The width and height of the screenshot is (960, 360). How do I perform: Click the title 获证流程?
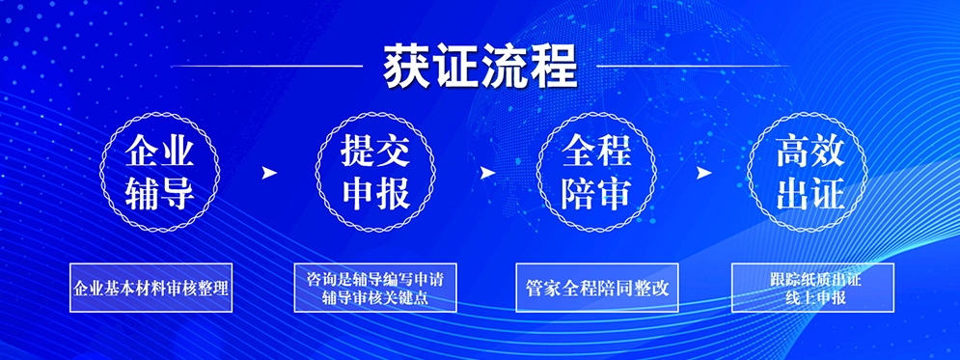coord(480,66)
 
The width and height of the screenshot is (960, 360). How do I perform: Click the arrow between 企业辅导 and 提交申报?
coord(268,173)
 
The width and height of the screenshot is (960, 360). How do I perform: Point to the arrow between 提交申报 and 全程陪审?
coord(486,173)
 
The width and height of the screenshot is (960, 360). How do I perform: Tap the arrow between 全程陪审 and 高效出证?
coord(703,173)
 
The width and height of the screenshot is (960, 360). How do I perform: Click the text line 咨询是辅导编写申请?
coord(374,281)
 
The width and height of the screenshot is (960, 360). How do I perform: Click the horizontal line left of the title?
coord(267,66)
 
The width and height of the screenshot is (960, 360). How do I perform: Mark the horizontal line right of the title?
coord(693,66)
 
